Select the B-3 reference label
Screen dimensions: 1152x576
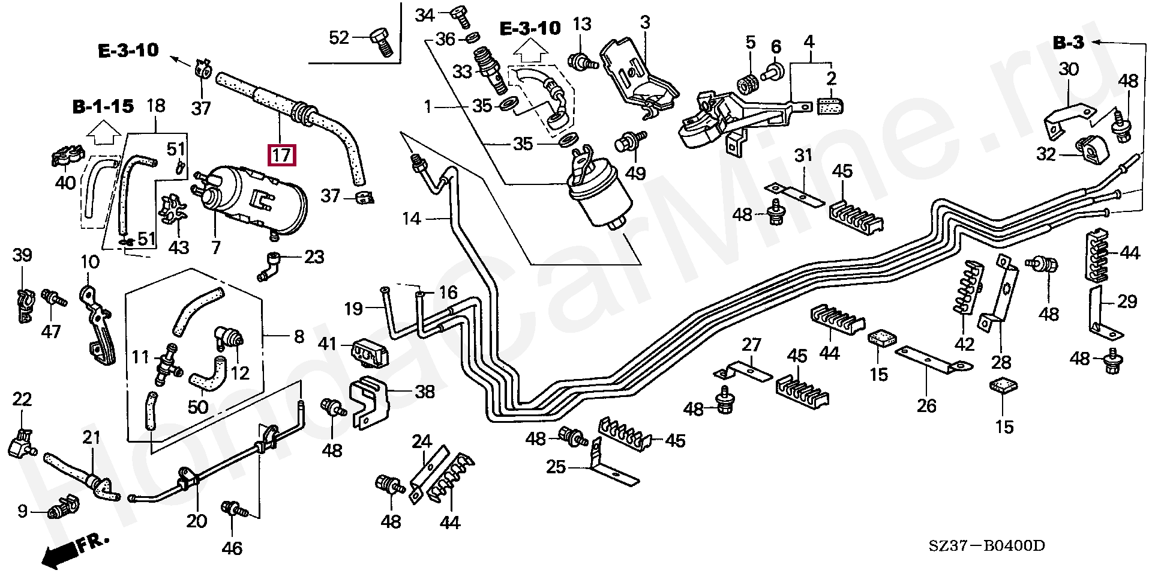[1069, 43]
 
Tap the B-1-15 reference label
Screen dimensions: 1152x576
[103, 107]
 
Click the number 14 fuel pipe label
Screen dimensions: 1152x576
[412, 219]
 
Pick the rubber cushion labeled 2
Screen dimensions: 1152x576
[831, 106]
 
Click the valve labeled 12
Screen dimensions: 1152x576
[230, 338]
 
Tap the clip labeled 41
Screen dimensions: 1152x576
[369, 352]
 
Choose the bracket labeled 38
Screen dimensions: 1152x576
[368, 402]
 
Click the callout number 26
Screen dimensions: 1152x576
[926, 405]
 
